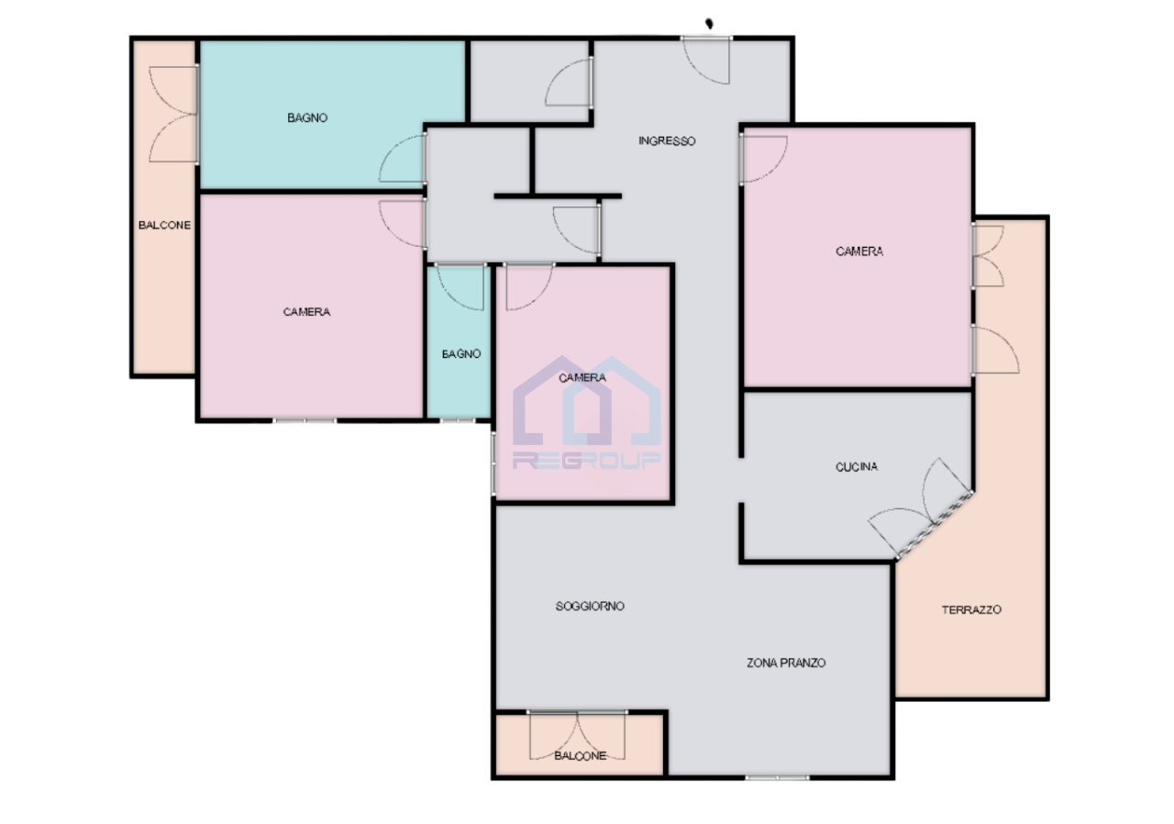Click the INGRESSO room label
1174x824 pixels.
click(x=667, y=141)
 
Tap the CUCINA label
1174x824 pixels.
click(x=856, y=467)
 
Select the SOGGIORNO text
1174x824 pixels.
click(x=590, y=607)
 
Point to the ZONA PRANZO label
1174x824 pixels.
click(x=786, y=663)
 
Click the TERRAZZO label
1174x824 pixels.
click(x=971, y=609)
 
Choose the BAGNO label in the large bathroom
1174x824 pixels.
click(x=307, y=117)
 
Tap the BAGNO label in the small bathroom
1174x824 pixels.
click(x=460, y=353)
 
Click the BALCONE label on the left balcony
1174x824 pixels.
click(x=164, y=225)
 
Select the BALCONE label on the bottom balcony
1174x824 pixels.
click(x=580, y=755)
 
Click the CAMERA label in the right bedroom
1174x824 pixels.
click(x=859, y=251)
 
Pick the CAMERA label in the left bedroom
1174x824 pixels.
click(x=306, y=312)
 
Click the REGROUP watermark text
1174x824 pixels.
click(x=587, y=461)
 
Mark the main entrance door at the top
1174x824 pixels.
click(x=707, y=59)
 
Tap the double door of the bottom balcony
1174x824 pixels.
click(x=578, y=736)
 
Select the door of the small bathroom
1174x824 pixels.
click(x=460, y=286)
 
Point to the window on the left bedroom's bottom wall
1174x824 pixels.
click(x=305, y=420)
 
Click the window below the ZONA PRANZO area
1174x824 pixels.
click(x=777, y=777)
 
